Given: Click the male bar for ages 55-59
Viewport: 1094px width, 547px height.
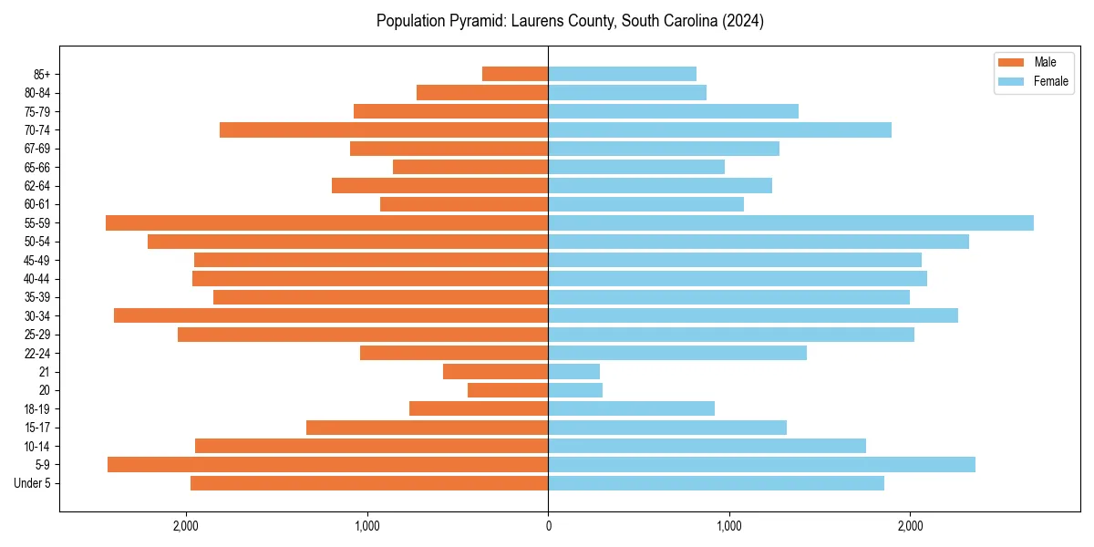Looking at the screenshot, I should [326, 222].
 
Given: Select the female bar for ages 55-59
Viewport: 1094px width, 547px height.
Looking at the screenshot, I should [790, 222].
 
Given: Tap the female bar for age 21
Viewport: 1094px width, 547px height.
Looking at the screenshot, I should [573, 372].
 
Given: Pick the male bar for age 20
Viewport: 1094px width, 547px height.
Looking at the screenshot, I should [508, 390].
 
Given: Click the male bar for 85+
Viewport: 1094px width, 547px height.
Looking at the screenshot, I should [515, 74].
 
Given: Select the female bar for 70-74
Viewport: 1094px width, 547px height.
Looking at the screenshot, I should [719, 129].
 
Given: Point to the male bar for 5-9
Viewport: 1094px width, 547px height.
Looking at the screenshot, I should [327, 465].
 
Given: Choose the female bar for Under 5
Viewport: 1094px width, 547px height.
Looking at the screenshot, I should [716, 483].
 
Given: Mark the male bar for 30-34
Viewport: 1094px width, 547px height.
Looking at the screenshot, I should [331, 315].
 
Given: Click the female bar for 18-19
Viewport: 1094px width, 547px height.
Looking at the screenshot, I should [631, 408].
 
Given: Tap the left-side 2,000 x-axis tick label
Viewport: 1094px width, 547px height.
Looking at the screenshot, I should [186, 526].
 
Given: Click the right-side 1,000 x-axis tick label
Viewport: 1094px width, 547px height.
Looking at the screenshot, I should [728, 526].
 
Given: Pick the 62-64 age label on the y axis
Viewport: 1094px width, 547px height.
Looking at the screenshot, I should [36, 186].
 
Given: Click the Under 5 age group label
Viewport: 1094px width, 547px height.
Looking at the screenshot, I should [32, 483].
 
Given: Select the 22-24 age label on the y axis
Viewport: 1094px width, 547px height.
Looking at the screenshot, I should [36, 353].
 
